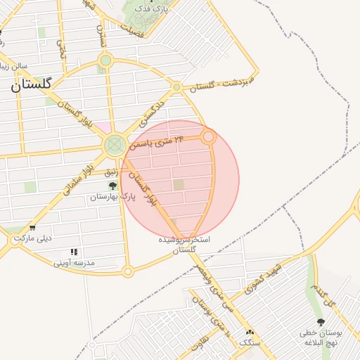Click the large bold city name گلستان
pyautogui.click(x=31, y=85)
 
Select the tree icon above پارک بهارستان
pyautogui.click(x=112, y=186)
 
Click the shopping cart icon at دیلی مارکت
pyautogui.click(x=33, y=228)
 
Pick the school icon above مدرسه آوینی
pyautogui.click(x=74, y=252)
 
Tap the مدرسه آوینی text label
pyautogui.click(x=74, y=263)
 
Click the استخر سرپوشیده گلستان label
pyautogui.click(x=184, y=245)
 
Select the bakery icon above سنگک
pyautogui.click(x=249, y=333)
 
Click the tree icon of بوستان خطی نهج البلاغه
pyautogui.click(x=321, y=322)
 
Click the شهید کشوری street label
pyautogui.click(x=262, y=279)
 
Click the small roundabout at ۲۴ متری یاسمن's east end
pyautogui.click(x=208, y=137)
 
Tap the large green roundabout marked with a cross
pyautogui.click(x=114, y=146)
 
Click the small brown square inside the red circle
pyautogui.click(x=179, y=185)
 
